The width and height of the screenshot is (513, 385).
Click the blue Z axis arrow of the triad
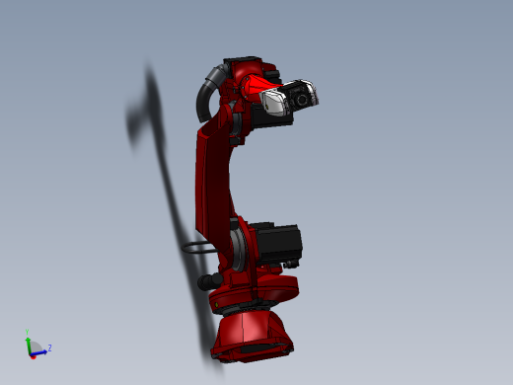tap(39, 349)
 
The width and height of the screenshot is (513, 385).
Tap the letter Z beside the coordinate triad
tap(49, 347)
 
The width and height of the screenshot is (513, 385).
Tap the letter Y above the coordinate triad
tap(28, 331)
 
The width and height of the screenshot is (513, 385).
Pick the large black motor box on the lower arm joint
tap(276, 244)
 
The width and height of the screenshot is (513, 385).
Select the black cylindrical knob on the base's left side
tap(206, 283)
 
